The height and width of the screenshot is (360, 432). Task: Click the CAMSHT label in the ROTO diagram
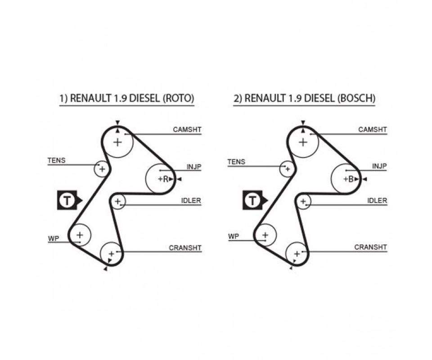click(x=187, y=130)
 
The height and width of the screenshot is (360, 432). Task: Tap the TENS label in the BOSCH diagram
click(x=236, y=162)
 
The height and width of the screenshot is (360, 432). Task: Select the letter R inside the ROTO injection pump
click(x=166, y=179)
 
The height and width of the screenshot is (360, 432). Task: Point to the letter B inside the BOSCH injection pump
click(x=351, y=179)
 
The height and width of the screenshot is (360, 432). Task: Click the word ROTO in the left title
click(x=179, y=99)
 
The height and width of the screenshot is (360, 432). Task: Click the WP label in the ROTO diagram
click(x=54, y=238)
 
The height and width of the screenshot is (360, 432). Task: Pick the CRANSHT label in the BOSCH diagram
click(x=370, y=247)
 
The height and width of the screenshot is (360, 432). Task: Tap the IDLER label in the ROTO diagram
click(x=191, y=201)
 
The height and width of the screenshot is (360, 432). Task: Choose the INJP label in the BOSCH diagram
click(x=379, y=166)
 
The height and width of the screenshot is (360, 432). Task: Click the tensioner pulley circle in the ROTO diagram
click(x=102, y=169)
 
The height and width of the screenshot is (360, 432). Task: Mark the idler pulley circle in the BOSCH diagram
click(x=303, y=201)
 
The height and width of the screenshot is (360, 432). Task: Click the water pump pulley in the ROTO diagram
click(x=80, y=235)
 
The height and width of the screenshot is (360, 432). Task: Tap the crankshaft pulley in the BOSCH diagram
click(x=297, y=254)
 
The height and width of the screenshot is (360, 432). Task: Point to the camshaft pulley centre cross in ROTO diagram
click(x=117, y=142)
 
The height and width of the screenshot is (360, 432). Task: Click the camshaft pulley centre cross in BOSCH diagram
click(x=303, y=142)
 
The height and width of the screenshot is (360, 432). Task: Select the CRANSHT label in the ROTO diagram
click(x=185, y=248)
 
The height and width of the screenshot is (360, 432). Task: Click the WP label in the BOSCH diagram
click(x=234, y=236)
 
